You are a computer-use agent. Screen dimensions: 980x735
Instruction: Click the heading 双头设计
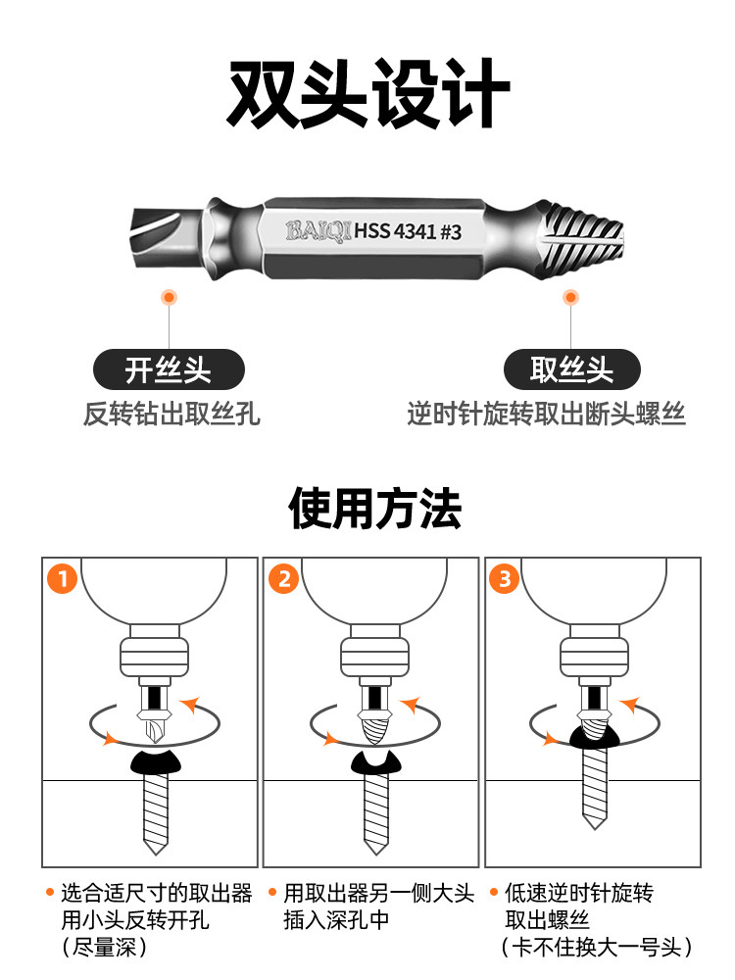(x=367, y=94)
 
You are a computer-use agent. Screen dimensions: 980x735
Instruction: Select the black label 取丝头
(x=571, y=370)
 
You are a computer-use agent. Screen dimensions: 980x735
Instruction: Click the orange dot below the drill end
(x=169, y=296)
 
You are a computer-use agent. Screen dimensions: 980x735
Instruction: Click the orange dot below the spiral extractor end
(x=569, y=296)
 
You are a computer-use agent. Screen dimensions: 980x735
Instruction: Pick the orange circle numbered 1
(x=63, y=579)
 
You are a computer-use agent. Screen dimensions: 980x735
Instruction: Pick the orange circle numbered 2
(x=283, y=579)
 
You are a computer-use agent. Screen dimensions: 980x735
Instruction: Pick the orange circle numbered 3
(x=505, y=579)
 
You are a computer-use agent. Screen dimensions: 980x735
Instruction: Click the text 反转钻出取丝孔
(x=171, y=414)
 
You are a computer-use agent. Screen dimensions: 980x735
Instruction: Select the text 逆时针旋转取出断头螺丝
(x=546, y=414)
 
